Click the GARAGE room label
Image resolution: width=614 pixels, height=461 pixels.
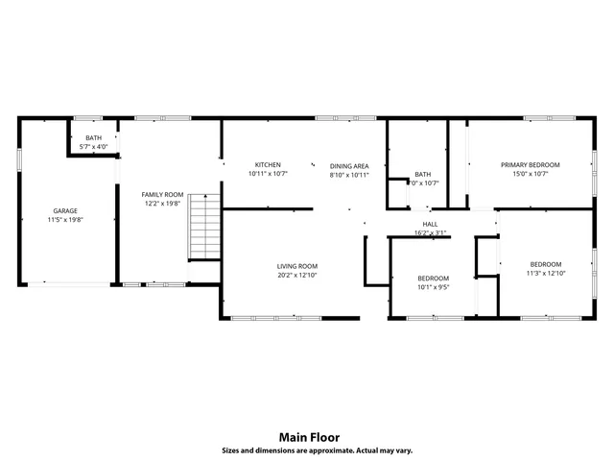[x=65, y=210]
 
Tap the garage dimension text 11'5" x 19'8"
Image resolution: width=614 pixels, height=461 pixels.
[x=65, y=220]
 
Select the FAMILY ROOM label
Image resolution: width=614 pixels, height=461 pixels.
[x=162, y=194]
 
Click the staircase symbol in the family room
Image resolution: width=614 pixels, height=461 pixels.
[x=202, y=226]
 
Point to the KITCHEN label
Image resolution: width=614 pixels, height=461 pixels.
[x=268, y=164]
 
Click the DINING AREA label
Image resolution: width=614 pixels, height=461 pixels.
[x=349, y=165]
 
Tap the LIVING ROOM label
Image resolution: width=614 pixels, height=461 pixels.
[x=297, y=266]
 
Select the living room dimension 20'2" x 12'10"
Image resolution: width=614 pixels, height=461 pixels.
[x=297, y=276]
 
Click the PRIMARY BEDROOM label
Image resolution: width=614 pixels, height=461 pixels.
[x=531, y=164]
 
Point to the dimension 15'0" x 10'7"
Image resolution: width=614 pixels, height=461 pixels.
[x=531, y=174]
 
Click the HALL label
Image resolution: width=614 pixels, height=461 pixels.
[x=430, y=223]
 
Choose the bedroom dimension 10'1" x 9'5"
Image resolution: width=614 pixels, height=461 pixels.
[x=433, y=286]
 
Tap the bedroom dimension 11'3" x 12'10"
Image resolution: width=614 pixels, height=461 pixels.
[x=546, y=274]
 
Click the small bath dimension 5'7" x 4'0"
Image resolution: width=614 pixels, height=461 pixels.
[x=93, y=147]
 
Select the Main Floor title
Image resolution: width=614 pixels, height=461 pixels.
[x=307, y=436]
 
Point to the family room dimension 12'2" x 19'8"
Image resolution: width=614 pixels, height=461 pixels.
[x=162, y=204]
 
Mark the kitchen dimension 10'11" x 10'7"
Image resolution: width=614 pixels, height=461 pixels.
[x=268, y=174]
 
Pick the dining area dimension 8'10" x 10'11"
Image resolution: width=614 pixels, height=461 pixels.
[x=349, y=175]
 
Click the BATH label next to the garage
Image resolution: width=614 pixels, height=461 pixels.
[x=93, y=137]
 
